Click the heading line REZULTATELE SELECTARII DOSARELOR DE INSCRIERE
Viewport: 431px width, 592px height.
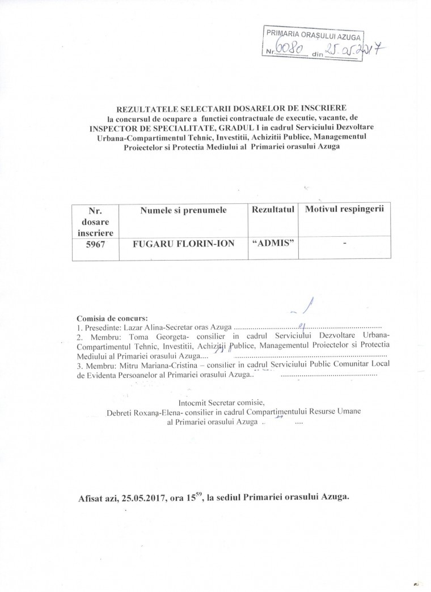tap(234, 107)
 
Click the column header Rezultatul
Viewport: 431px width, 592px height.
tap(274, 211)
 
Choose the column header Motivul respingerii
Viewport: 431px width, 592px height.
tap(345, 210)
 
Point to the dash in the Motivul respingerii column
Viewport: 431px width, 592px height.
tap(344, 245)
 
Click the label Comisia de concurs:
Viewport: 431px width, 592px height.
tap(111, 318)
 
